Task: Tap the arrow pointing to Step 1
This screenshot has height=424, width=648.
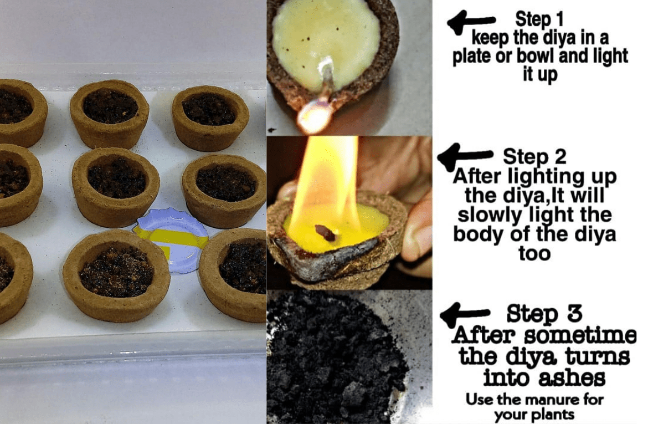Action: pos(471,22)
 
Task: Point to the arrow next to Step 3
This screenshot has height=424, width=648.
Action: pos(464,314)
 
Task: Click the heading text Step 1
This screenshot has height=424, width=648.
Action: pos(539,19)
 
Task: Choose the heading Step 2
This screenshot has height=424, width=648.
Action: pos(534,156)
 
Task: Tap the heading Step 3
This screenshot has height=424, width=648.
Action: pos(544,313)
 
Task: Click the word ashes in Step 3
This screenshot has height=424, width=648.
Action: pos(573,377)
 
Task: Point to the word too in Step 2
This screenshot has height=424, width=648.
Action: pos(534,253)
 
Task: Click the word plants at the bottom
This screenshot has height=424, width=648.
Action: pos(553,415)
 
